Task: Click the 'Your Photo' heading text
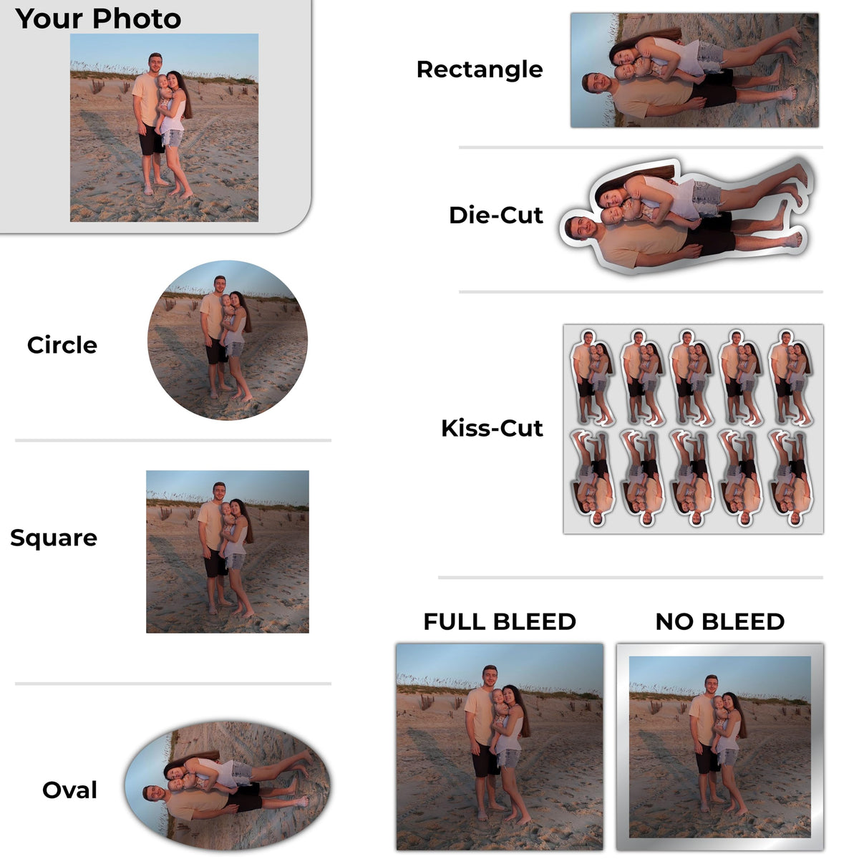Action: click(x=98, y=19)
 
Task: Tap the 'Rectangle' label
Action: click(x=480, y=70)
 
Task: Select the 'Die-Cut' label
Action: click(x=495, y=215)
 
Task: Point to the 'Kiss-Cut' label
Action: click(x=492, y=428)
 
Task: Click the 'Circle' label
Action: click(x=62, y=345)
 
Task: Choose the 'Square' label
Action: click(x=54, y=538)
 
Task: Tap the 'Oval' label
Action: click(x=69, y=790)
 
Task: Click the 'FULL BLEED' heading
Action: click(x=500, y=622)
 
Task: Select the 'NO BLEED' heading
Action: click(x=720, y=622)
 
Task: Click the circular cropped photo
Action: click(x=228, y=340)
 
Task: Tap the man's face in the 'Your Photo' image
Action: click(x=155, y=63)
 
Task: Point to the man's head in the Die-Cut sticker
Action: click(x=578, y=228)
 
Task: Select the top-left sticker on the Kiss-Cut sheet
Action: click(x=592, y=377)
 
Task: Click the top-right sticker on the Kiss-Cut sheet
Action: click(x=791, y=377)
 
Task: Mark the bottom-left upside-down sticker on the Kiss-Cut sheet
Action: click(x=593, y=478)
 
